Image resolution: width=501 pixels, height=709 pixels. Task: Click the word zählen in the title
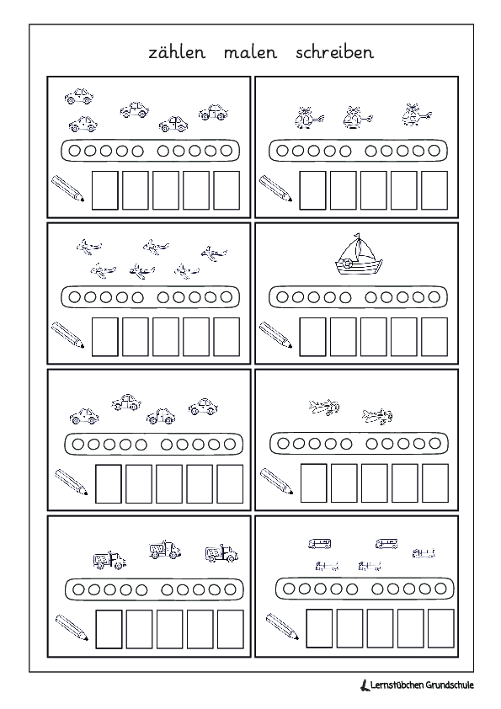(177, 52)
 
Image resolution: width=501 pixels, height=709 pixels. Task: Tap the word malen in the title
(250, 52)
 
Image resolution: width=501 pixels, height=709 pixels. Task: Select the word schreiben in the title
(334, 51)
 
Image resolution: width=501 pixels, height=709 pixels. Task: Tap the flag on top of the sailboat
(357, 236)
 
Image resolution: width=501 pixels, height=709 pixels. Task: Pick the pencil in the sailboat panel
(275, 334)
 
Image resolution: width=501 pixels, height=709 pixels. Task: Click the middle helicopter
(357, 118)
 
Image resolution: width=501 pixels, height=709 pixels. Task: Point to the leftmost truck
(109, 560)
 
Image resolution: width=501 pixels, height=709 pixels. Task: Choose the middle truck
(165, 549)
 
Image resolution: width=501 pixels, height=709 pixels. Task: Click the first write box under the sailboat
(312, 337)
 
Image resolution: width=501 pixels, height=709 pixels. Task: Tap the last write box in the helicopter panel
(434, 190)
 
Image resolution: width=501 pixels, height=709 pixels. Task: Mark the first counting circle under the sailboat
(282, 297)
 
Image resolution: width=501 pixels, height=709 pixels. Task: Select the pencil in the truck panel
(72, 627)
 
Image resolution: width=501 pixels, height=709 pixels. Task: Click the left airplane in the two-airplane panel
(323, 406)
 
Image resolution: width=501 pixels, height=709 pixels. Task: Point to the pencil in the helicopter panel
(275, 188)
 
